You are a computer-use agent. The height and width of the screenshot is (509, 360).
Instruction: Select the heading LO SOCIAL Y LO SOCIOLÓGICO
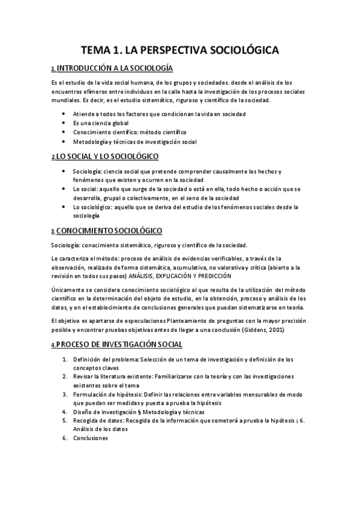coord(107,157)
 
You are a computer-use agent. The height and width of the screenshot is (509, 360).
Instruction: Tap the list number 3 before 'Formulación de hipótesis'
coord(65,394)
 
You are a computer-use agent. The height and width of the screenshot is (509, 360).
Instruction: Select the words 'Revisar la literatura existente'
coord(111,376)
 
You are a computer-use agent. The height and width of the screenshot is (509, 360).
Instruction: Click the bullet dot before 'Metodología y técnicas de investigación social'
coord(64,142)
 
